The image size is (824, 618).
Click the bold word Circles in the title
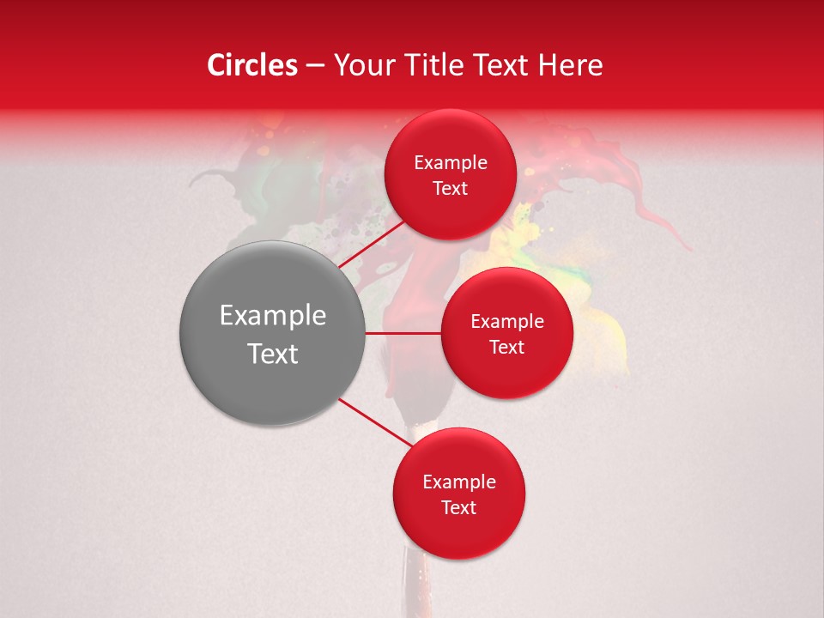[x=251, y=65]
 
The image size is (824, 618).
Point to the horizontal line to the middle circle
[x=403, y=333]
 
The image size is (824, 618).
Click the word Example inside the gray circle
[x=273, y=316]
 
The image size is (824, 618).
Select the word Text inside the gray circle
[x=273, y=354]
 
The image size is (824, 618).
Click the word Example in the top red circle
[x=450, y=163]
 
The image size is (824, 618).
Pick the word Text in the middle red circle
[x=506, y=348]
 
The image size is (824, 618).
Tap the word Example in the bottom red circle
[x=458, y=482]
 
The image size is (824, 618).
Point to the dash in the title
[x=315, y=65]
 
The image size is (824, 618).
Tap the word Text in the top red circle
[x=450, y=189]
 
